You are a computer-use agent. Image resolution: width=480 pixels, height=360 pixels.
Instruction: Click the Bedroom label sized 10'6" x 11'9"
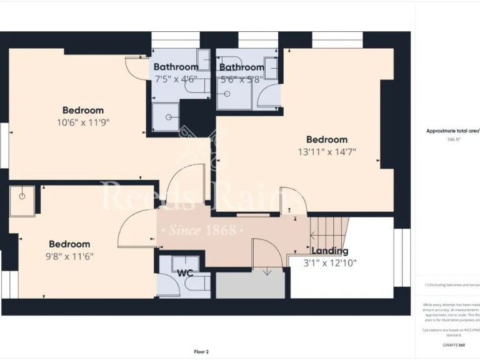[x=83, y=111]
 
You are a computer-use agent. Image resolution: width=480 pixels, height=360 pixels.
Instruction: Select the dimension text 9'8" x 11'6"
[x=69, y=256]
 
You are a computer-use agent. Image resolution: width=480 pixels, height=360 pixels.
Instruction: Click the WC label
[x=184, y=273]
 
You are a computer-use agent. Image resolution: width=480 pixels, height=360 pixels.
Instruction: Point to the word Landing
[x=329, y=251]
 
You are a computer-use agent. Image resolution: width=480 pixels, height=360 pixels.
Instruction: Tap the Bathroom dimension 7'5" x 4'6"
[x=176, y=79]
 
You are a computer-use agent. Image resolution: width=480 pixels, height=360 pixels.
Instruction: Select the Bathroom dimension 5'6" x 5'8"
[x=241, y=79]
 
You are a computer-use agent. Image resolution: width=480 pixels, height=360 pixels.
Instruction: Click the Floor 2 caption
[x=201, y=352]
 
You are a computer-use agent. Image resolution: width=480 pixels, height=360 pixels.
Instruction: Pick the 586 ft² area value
[x=453, y=140]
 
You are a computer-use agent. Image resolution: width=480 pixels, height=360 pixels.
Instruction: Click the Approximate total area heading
[x=452, y=131]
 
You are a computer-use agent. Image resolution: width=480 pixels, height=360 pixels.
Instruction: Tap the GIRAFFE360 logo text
[x=453, y=345]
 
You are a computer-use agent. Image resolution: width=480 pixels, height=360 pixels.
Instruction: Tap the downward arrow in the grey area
[x=267, y=271]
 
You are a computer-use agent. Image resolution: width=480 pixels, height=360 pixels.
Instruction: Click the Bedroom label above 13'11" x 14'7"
[x=326, y=139]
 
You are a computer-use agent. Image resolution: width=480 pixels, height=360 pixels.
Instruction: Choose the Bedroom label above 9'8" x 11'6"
[x=69, y=244]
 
